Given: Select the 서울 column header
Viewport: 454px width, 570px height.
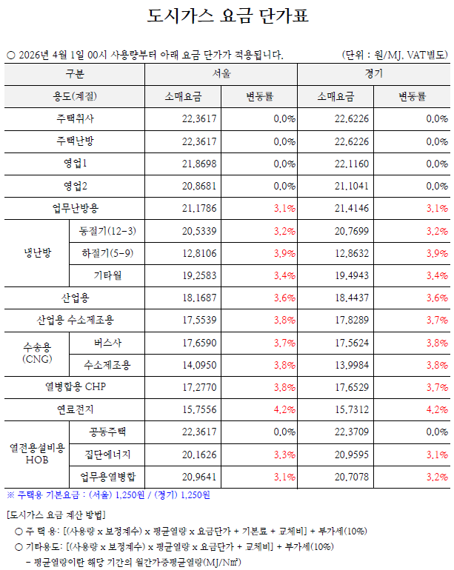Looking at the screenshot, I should (x=221, y=74).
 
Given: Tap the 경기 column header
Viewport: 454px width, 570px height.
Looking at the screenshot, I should (x=373, y=74).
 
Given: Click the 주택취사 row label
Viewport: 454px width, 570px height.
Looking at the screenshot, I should (x=75, y=118).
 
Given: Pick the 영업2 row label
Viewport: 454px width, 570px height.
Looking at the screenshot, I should (x=75, y=185).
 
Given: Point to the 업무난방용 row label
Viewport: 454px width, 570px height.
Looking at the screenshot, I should (x=75, y=208).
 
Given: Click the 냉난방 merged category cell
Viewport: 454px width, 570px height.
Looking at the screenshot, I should (x=37, y=253).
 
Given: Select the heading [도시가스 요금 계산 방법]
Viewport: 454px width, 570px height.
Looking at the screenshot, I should (x=56, y=514).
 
